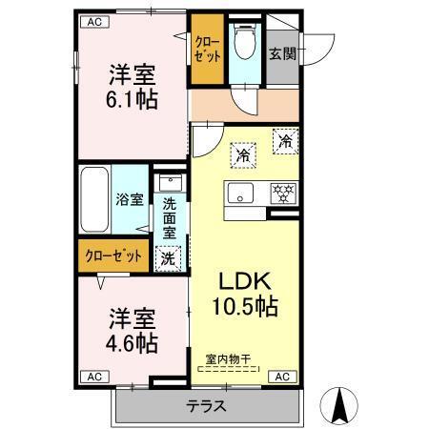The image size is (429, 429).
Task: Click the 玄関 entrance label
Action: [x=281, y=54]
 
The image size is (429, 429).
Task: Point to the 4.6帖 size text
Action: [x=133, y=341]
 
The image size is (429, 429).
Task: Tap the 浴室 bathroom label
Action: [x=131, y=200]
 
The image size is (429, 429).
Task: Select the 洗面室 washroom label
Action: [x=169, y=217]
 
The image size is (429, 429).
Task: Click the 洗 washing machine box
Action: [x=168, y=256]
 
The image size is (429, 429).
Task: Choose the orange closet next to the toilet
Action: [x=205, y=50]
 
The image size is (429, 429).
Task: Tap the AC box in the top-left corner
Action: [x=92, y=21]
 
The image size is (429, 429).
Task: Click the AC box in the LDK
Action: [x=282, y=377]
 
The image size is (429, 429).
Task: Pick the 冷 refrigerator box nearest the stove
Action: [x=284, y=140]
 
